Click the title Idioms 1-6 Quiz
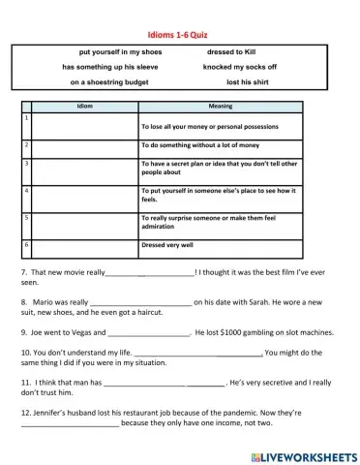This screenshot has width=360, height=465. point(179,33)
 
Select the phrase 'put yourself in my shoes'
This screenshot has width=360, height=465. point(120,50)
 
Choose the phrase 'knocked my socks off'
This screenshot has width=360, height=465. point(239,67)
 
